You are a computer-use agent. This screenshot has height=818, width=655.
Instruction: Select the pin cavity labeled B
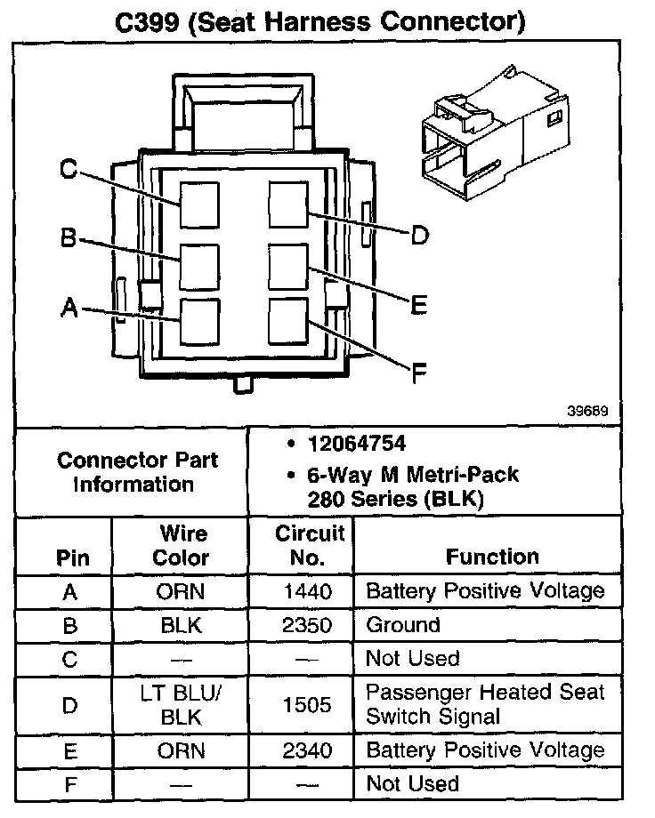[x=199, y=264]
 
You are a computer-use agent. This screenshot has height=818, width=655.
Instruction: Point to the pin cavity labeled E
[x=288, y=264]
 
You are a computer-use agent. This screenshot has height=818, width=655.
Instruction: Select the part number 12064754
[x=356, y=443]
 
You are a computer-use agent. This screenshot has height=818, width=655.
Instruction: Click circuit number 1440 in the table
[x=307, y=591]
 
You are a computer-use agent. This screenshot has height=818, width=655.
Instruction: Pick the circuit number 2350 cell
[x=307, y=625]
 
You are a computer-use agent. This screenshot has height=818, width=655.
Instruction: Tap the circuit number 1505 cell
[x=307, y=705]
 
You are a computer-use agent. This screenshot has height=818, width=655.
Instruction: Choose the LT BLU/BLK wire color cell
[x=182, y=705]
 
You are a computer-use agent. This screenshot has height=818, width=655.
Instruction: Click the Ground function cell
[x=403, y=625]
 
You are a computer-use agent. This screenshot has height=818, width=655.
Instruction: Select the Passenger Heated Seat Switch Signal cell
[x=485, y=704]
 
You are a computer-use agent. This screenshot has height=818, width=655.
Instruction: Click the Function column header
[x=492, y=557]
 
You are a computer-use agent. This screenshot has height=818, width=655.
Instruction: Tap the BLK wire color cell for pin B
[x=182, y=625]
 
